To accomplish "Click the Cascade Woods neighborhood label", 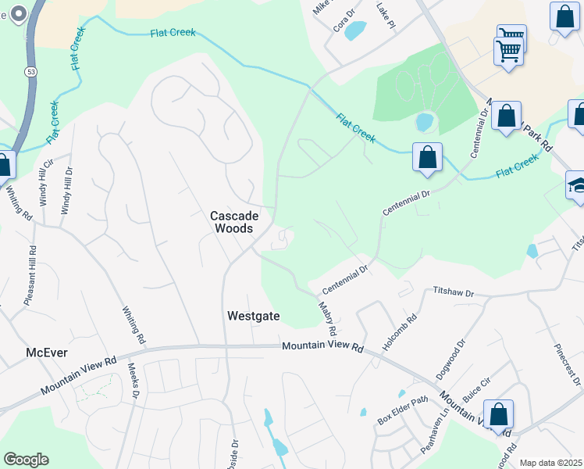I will (231, 221).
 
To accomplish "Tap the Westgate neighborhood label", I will (253, 317).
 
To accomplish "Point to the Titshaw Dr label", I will (454, 292).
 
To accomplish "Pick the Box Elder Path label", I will (404, 412).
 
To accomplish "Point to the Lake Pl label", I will (386, 15).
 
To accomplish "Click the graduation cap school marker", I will (576, 186).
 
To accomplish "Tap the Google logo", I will (26, 460).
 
